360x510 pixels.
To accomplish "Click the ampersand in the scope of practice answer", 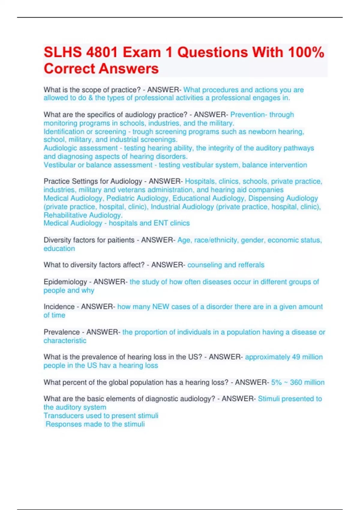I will (x=91, y=98).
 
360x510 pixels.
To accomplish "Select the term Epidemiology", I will (x=65, y=282).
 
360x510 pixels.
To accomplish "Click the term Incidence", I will (x=59, y=307).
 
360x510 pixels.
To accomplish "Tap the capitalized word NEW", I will (x=160, y=307).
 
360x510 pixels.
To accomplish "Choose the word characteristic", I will (x=65, y=340).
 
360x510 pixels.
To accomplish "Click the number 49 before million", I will (x=296, y=357).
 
